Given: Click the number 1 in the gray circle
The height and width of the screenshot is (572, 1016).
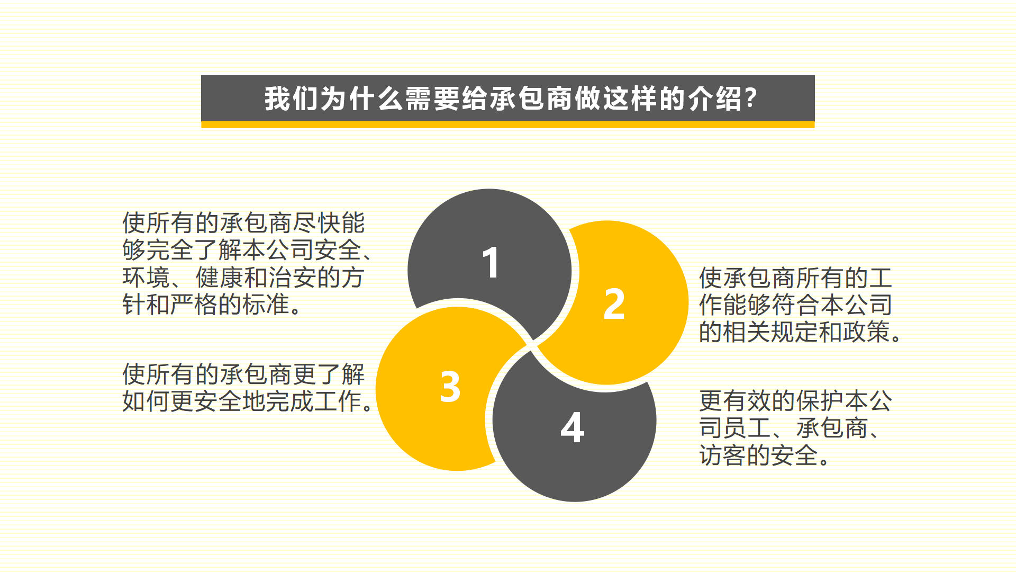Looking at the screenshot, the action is pos(491,262).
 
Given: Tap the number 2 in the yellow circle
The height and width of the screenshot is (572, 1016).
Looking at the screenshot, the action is pos(614,304).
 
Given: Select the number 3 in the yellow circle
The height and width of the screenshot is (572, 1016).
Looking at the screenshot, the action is pos(450,386).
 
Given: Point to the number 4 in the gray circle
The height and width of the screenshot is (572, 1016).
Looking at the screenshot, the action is pos(573,427).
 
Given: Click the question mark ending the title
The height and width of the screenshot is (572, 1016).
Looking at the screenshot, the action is pos(751,99).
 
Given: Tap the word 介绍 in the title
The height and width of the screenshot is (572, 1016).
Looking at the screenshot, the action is pos(716,99).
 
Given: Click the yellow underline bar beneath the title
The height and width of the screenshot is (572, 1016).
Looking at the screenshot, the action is pos(508,124).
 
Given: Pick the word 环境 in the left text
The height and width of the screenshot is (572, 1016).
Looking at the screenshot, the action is pos(146,277).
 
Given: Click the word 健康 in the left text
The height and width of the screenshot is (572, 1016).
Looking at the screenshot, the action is pos(220,277).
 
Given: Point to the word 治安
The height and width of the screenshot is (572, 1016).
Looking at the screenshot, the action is pos(292,277).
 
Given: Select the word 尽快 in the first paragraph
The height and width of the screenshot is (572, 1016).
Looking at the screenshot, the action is pos(316,222).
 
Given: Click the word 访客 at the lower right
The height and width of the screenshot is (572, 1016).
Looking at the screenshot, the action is pos(723,455).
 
